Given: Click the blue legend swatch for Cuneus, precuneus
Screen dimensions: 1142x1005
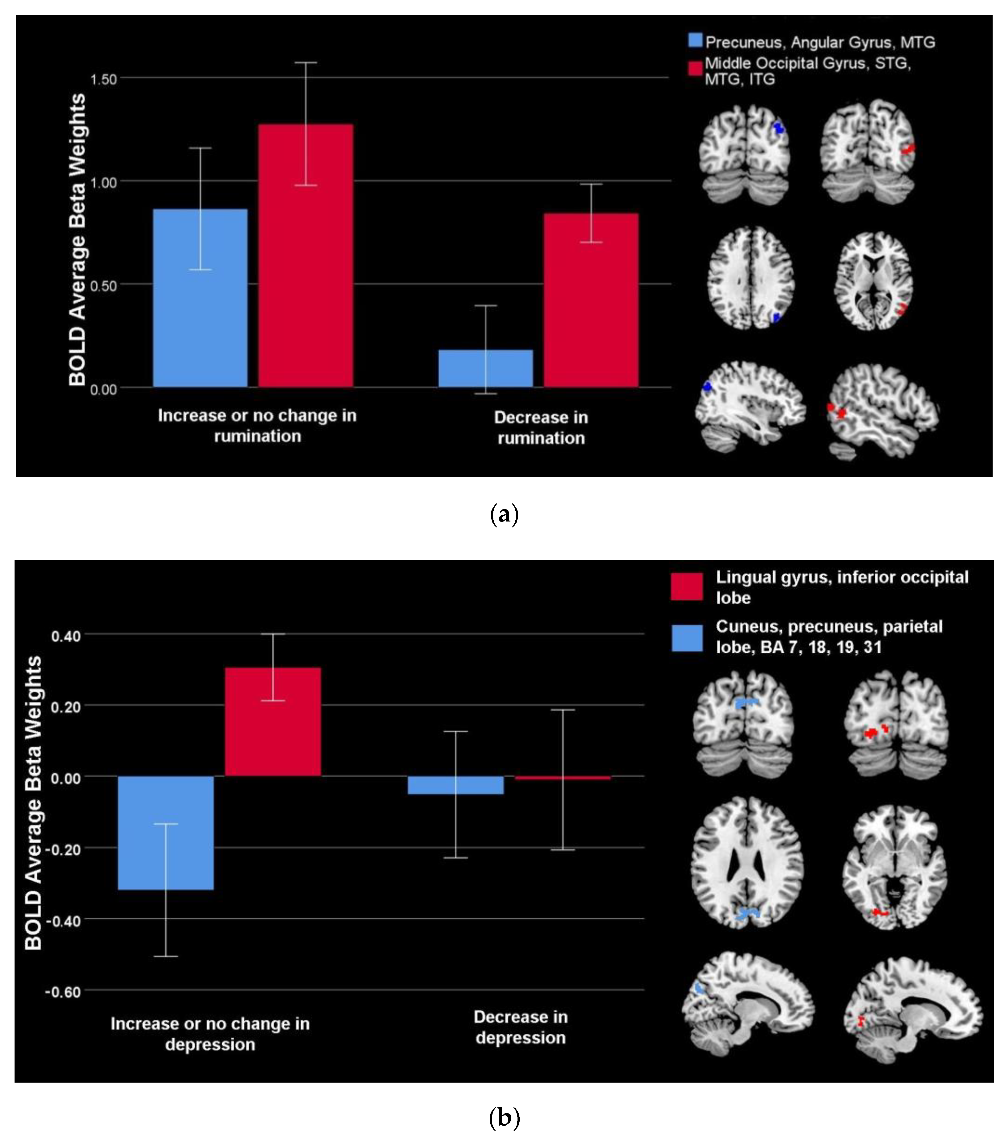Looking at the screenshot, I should point(687,638).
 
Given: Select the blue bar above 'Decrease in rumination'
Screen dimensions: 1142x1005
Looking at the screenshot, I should point(485,368).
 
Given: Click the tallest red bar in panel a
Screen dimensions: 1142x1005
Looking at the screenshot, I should point(305,255).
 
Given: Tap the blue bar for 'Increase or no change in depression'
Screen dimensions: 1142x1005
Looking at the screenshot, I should point(166,832).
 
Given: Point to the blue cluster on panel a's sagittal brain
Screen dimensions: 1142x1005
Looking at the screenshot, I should point(707,386).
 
